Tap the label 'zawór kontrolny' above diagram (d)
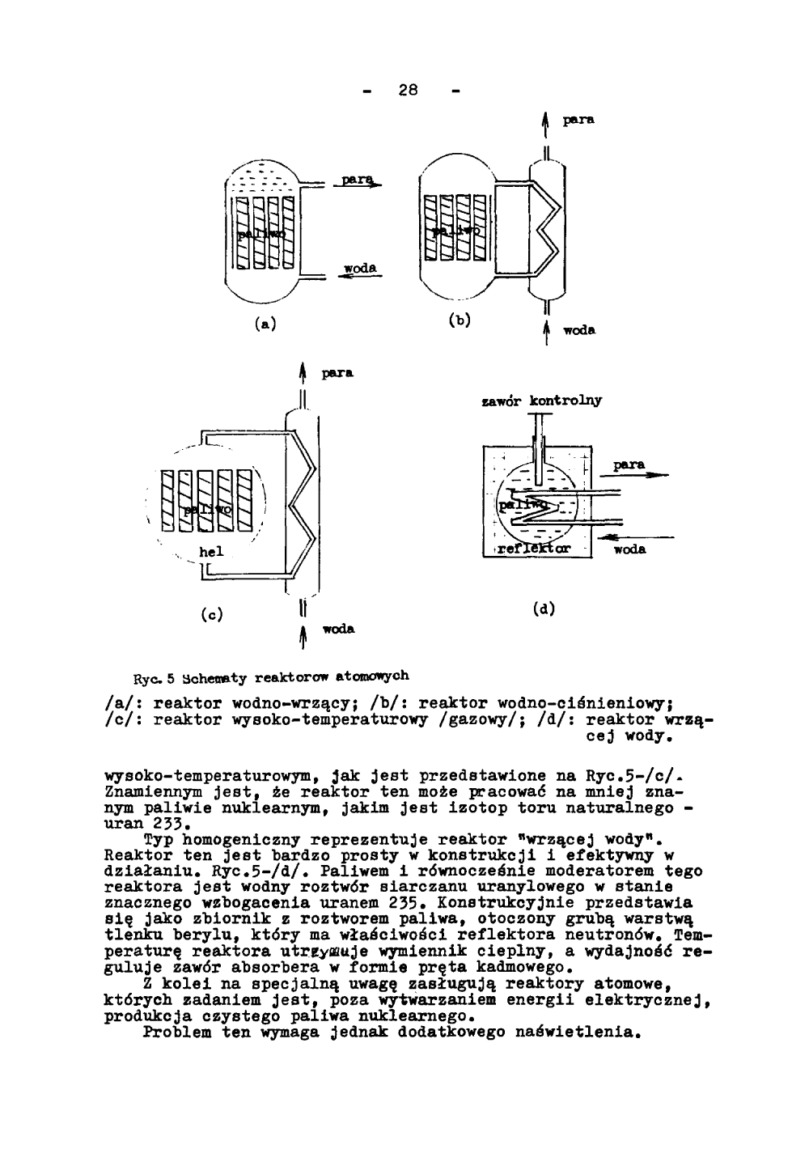(541, 401)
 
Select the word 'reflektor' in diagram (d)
(534, 549)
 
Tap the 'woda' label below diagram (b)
(579, 330)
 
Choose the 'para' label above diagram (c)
(337, 375)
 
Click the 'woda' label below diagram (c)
(339, 629)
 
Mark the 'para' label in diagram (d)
(629, 465)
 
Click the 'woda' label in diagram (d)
(629, 549)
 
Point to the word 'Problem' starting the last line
(175, 1032)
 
